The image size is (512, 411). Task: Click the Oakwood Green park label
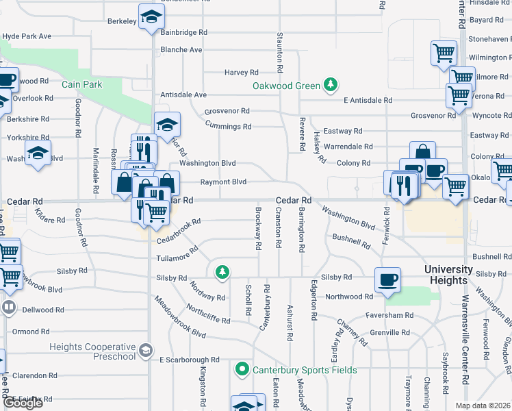pos(286,86)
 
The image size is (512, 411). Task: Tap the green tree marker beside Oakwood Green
pos(331,85)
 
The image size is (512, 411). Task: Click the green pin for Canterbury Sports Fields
pos(242,371)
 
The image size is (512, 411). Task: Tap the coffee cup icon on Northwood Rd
pos(387,279)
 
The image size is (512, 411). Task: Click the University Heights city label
pos(448,275)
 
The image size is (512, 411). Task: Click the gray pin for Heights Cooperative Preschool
pos(145,351)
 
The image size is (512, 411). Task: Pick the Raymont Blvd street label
pos(223,182)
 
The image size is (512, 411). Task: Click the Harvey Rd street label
pos(241,72)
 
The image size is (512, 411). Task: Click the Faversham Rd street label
pos(389,315)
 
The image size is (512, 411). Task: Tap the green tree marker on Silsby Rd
pos(222,273)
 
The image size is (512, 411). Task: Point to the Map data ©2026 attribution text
pos(482,406)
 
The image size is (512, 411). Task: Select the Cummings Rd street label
pos(229,126)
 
